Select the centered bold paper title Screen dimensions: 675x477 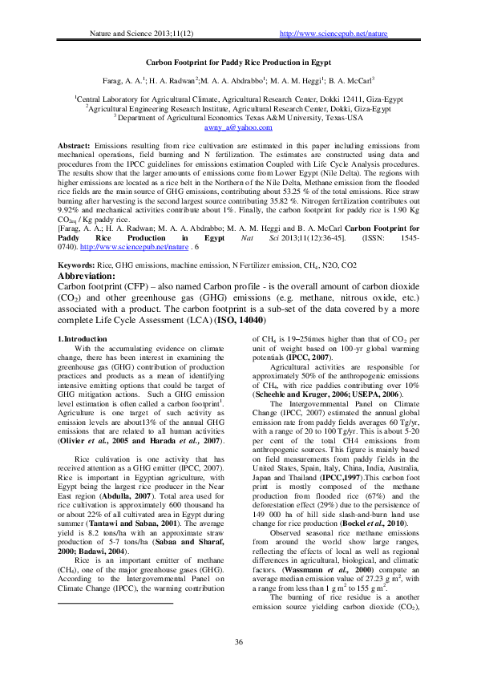click(x=238, y=62)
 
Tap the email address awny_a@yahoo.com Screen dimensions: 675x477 click(x=238, y=127)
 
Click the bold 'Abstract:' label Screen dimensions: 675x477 click(x=74, y=145)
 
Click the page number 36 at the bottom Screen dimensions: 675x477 click(x=238, y=641)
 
